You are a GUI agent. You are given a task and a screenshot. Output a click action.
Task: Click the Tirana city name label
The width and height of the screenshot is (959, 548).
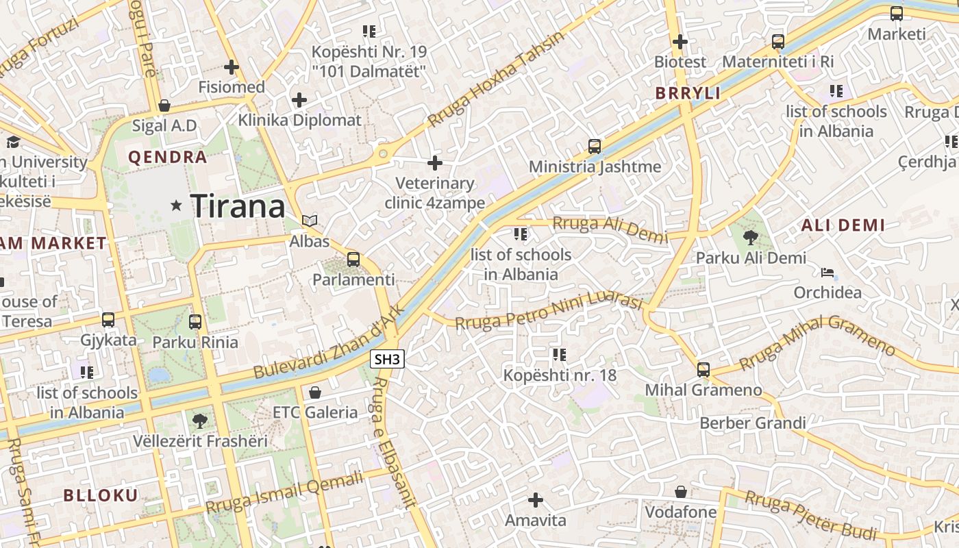click(x=237, y=206)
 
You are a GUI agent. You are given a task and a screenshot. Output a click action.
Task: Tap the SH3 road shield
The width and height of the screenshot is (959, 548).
click(x=387, y=358)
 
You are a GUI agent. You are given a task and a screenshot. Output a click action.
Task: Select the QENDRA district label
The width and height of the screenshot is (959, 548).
click(x=167, y=157)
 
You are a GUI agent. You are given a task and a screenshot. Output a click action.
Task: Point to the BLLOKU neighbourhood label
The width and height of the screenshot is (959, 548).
click(x=101, y=495)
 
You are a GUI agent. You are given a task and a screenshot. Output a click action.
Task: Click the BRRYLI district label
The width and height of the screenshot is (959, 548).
click(x=688, y=93)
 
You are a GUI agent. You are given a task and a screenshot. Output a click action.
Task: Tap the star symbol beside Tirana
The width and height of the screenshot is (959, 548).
click(x=177, y=205)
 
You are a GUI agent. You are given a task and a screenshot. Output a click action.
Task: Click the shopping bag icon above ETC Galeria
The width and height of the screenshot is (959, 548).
click(x=315, y=393)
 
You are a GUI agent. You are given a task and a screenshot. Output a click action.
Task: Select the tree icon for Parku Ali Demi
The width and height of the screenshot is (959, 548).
click(x=751, y=238)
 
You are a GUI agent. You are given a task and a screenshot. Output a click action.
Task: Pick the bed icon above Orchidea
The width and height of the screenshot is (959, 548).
click(x=827, y=273)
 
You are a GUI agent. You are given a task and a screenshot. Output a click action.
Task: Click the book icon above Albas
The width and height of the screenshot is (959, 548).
click(x=310, y=221)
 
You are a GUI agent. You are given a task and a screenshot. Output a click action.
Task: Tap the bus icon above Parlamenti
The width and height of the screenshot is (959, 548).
click(x=353, y=259)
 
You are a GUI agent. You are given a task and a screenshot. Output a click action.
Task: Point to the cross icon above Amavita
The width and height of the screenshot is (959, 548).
click(x=536, y=500)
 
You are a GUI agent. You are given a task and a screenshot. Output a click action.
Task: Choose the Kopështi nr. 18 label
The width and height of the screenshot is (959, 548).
click(x=560, y=375)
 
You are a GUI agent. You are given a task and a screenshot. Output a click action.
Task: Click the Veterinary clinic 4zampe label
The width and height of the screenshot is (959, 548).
click(x=434, y=193)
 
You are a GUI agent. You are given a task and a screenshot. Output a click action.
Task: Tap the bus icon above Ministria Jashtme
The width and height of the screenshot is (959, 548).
click(x=595, y=146)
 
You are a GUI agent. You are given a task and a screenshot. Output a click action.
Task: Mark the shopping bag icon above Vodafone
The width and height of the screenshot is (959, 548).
click(x=681, y=492)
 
